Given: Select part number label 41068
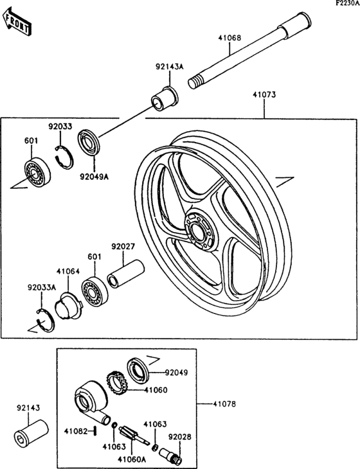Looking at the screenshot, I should [228, 38].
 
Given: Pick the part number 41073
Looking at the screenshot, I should [264, 94].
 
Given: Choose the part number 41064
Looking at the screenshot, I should [67, 272].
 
